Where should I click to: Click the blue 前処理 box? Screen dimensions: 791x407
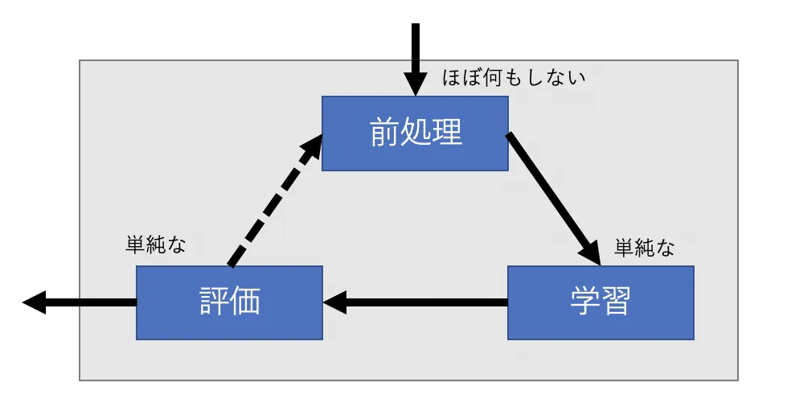(x=415, y=134)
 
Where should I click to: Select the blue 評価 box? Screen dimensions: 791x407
(x=230, y=302)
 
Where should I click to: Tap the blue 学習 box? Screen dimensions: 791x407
(x=600, y=302)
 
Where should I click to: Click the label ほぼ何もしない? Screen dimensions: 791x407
(x=514, y=78)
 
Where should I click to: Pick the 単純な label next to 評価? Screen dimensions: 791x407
(x=156, y=245)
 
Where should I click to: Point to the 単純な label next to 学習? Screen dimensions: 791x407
(x=644, y=248)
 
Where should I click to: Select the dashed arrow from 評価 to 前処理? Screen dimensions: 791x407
(x=276, y=200)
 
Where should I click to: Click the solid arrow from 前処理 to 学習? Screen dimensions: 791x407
(x=554, y=199)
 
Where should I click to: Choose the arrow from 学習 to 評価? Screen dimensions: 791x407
(x=415, y=302)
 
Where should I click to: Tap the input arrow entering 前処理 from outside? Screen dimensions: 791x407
(x=415, y=60)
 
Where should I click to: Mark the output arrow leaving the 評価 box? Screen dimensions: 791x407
(x=80, y=302)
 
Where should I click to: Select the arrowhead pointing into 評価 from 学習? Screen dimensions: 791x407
(x=334, y=302)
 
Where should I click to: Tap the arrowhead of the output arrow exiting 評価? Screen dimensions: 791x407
(x=35, y=302)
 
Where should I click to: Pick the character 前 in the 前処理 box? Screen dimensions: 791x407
(x=385, y=133)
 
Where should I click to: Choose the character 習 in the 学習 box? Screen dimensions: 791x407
(x=616, y=302)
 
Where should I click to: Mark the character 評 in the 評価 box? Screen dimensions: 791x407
(x=215, y=302)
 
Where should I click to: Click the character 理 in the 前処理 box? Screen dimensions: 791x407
(x=447, y=133)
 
